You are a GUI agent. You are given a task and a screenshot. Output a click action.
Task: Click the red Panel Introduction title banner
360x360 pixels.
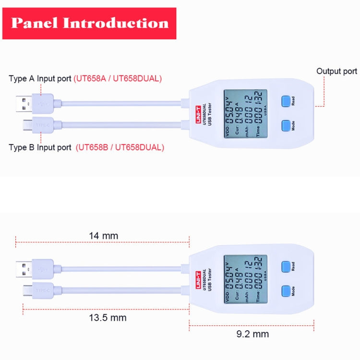coord(89,23)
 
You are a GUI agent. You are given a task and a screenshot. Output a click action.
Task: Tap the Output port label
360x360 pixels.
coord(336,71)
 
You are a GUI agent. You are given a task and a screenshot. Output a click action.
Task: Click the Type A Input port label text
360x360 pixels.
coord(40,78)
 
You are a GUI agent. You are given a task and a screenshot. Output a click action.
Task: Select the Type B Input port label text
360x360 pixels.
coord(40,147)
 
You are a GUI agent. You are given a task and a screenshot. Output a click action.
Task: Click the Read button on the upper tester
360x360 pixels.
coord(287,101)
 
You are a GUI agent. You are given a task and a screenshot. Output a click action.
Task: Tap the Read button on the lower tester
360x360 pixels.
coord(287,266)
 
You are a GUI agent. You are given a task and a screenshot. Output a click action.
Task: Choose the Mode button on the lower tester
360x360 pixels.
coord(287,290)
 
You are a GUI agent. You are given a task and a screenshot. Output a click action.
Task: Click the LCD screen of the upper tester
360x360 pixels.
coord(245,113)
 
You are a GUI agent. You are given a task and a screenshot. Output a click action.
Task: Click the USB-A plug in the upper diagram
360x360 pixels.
coord(35,103)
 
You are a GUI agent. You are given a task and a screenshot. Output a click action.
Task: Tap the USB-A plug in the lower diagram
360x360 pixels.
coord(35,267)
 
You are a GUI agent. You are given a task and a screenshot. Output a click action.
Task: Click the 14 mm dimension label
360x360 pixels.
coord(103,236)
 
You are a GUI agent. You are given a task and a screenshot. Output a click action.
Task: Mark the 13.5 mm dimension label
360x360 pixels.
coord(108,318)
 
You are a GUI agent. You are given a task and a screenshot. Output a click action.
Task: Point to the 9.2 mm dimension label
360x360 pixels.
coord(252,334)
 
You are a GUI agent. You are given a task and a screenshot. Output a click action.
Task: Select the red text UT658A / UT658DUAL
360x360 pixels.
coord(118,78)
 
